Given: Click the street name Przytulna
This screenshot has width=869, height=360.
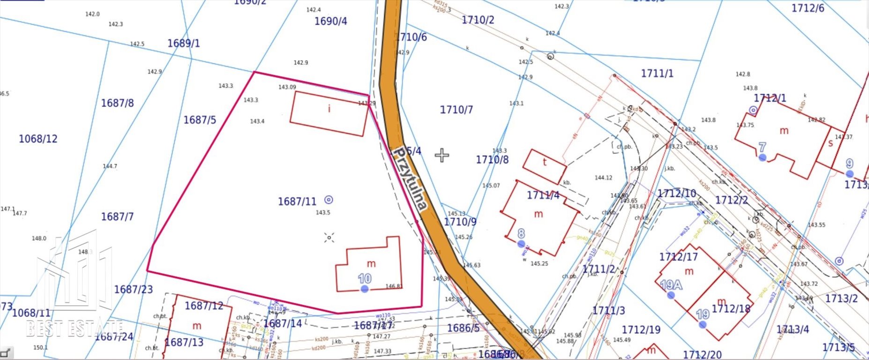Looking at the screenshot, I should [x=411, y=179].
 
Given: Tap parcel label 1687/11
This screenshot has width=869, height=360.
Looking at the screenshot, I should [x=297, y=202].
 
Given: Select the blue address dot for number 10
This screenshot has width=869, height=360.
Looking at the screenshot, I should [x=365, y=289].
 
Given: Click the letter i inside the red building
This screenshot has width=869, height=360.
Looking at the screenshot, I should [x=329, y=109].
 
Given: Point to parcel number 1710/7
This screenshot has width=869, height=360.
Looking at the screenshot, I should [x=456, y=110].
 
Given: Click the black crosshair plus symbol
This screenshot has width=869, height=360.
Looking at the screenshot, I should [x=442, y=155].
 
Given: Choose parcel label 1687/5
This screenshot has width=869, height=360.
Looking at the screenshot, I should [x=200, y=120].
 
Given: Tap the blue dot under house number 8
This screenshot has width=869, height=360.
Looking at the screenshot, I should [x=521, y=244].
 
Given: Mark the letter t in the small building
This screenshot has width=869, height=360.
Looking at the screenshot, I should [x=545, y=162].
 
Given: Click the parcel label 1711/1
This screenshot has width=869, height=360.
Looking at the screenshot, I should [x=657, y=73].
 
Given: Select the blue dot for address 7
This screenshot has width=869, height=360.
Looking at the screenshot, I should [x=763, y=157].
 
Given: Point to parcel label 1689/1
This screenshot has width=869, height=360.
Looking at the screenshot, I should [x=183, y=43].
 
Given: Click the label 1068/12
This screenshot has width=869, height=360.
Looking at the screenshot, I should [x=38, y=139].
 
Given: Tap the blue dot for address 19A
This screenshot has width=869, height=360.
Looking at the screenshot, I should [x=671, y=295].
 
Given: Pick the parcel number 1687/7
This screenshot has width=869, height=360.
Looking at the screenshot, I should [x=117, y=217].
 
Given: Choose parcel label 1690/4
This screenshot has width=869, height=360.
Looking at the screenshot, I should [x=330, y=21].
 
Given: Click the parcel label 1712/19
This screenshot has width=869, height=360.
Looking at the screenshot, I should [x=641, y=330].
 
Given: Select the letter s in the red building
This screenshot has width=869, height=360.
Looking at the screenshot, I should [x=831, y=143].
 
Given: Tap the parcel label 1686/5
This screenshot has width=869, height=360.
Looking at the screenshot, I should [x=463, y=328].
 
